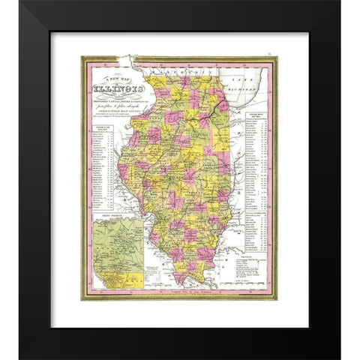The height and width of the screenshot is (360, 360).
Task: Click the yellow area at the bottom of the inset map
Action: click(112, 280)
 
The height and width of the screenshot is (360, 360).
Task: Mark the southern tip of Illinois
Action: click(182, 283)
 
